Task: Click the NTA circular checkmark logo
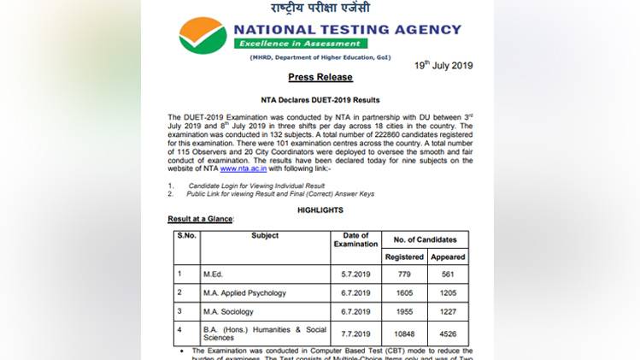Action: point(203,36)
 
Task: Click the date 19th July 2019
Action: point(443,65)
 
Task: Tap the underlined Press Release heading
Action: point(320,77)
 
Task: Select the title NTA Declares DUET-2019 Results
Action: point(320,100)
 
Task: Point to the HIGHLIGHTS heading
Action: point(320,210)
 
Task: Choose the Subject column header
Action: point(265,236)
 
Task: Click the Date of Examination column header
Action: point(355,239)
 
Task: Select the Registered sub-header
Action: point(404,257)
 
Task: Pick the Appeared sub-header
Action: point(448,257)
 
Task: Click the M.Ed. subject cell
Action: point(214,274)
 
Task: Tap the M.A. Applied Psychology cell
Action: point(244,293)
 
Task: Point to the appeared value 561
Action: point(448,274)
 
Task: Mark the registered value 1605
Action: point(404,293)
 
